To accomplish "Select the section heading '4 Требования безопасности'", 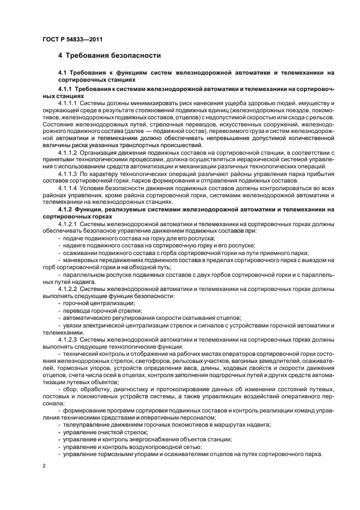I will click(109, 56).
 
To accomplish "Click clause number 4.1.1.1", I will click(68, 103).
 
